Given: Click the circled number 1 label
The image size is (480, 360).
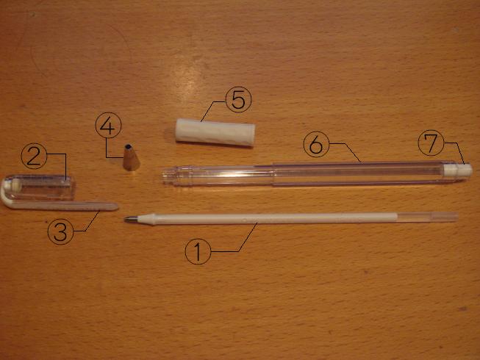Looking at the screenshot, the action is pyautogui.click(x=198, y=251).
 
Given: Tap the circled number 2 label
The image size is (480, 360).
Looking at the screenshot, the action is pyautogui.click(x=34, y=156).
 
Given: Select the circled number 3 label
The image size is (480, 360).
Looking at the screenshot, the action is pyautogui.click(x=60, y=231).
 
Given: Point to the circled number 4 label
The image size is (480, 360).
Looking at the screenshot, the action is pyautogui.click(x=108, y=126).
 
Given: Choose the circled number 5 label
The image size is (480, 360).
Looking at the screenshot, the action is pyautogui.click(x=238, y=99).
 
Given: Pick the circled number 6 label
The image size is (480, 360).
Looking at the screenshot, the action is pyautogui.click(x=316, y=144).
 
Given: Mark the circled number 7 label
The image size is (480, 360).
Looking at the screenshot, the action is pyautogui.click(x=431, y=143).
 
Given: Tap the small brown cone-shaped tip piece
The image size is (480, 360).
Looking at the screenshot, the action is pyautogui.click(x=132, y=157).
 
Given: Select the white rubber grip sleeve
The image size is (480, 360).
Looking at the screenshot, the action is pyautogui.click(x=215, y=132).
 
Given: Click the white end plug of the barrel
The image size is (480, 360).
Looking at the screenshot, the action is pyautogui.click(x=458, y=170).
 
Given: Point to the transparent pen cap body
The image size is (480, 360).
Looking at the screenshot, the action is pyautogui.click(x=40, y=187).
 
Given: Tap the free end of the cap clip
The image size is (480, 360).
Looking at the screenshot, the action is pyautogui.click(x=116, y=206).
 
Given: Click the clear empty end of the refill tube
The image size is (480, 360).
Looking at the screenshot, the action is pyautogui.click(x=428, y=217).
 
